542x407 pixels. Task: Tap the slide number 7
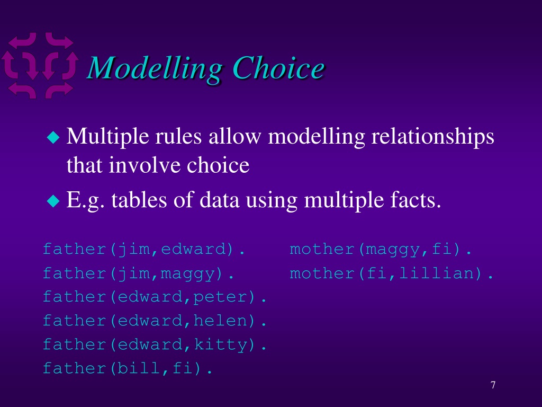point(493,385)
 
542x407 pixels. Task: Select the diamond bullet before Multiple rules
point(53,137)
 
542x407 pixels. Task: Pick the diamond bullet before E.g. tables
point(53,200)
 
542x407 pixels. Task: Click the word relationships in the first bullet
point(433,137)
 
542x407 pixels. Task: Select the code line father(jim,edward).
point(144,249)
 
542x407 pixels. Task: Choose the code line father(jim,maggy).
point(138,273)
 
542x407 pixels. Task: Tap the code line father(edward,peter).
point(155,297)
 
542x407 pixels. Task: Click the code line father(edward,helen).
point(155,321)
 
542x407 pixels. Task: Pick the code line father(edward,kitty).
point(155,344)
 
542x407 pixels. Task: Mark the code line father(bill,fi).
point(127,368)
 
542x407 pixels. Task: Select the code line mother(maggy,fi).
point(380,249)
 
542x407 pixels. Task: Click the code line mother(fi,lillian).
point(391,273)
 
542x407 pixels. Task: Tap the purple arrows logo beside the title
point(40,66)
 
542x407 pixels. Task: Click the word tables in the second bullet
point(139,200)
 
